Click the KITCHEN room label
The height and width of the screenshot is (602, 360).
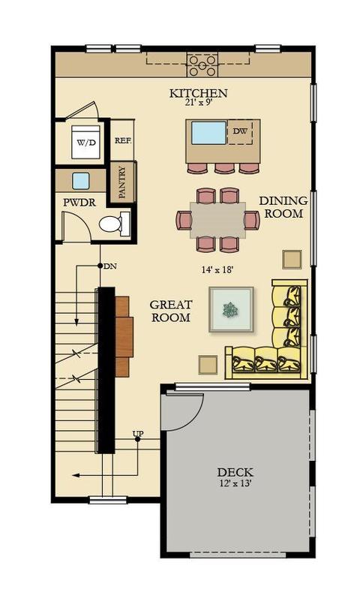tap(199, 93)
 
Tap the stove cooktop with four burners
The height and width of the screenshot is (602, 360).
tap(202, 65)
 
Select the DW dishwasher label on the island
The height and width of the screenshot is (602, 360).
tap(240, 131)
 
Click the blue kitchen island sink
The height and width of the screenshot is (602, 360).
tap(208, 133)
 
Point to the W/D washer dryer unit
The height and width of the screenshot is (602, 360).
tap(86, 142)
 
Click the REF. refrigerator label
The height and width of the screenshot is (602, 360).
tap(123, 141)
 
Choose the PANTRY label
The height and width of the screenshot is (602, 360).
tap(122, 182)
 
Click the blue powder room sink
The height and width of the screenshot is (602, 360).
tap(81, 181)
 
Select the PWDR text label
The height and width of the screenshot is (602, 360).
tap(79, 203)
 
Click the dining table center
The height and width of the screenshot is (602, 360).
tap(218, 220)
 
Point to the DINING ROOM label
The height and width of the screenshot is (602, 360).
tap(283, 207)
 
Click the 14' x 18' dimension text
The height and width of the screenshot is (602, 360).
tap(217, 270)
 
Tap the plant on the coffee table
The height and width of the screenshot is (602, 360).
tap(231, 310)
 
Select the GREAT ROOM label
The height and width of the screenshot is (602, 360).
tap(171, 311)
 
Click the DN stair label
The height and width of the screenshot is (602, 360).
tap(110, 266)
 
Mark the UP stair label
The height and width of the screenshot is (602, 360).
tap(138, 434)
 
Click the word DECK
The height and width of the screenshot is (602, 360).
tap(235, 472)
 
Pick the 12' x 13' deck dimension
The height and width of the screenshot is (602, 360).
tap(235, 483)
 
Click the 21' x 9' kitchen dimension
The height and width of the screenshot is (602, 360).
tap(199, 103)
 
